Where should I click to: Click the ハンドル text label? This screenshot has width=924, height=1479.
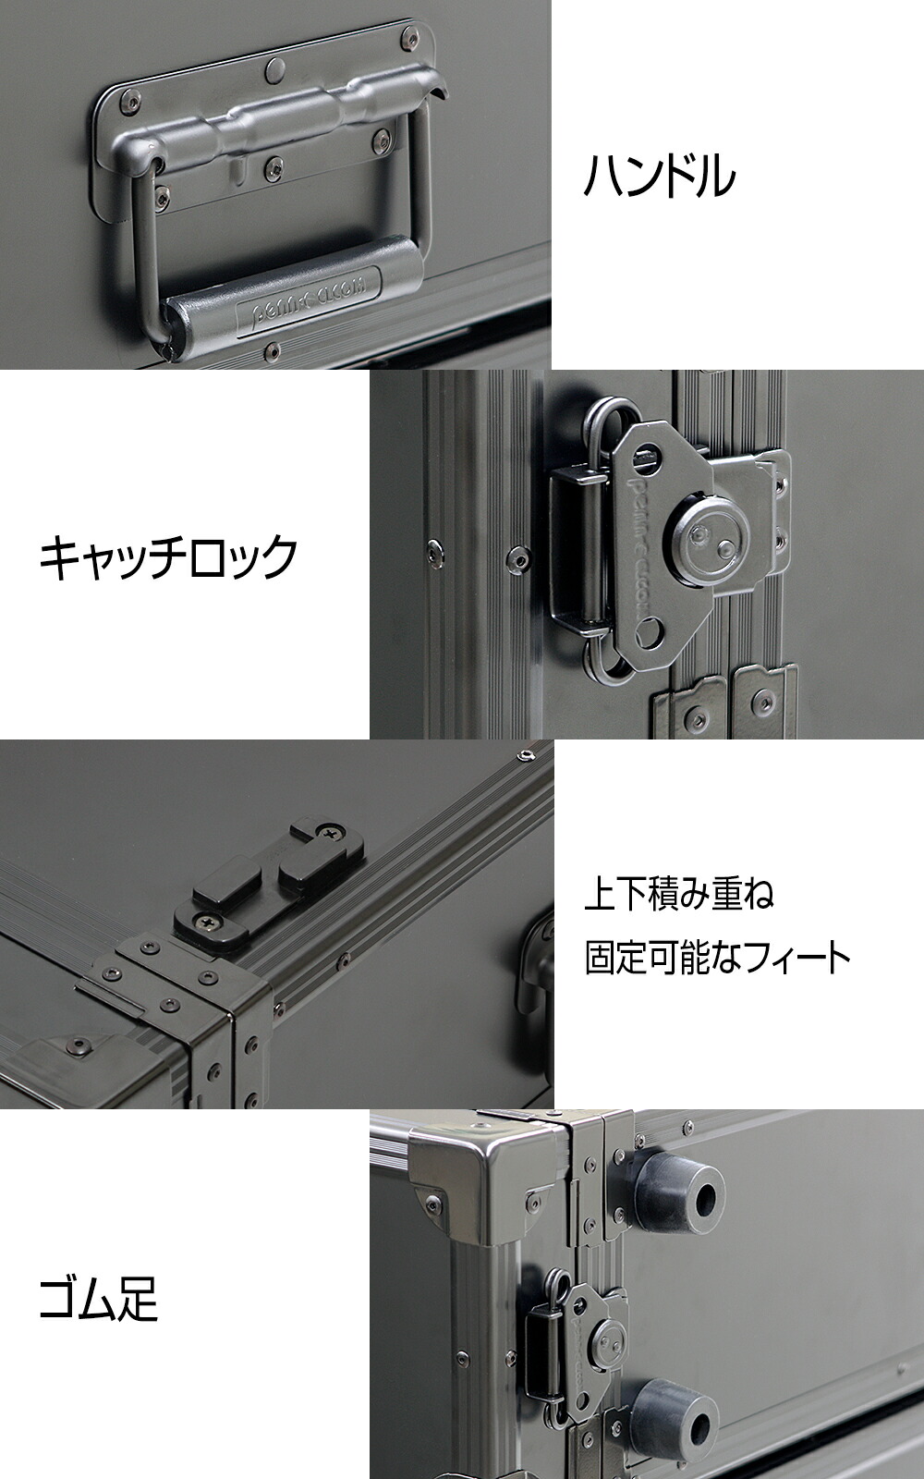pos(659,176)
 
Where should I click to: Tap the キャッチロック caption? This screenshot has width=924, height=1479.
pos(168,556)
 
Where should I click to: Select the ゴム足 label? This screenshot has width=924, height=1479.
pos(99,1298)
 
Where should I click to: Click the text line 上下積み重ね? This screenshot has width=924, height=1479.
pos(679,895)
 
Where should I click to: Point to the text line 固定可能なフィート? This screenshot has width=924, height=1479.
pos(717,959)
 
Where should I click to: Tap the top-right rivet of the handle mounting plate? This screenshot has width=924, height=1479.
pos(407,39)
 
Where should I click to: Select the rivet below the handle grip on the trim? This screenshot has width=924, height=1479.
pos(272,350)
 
